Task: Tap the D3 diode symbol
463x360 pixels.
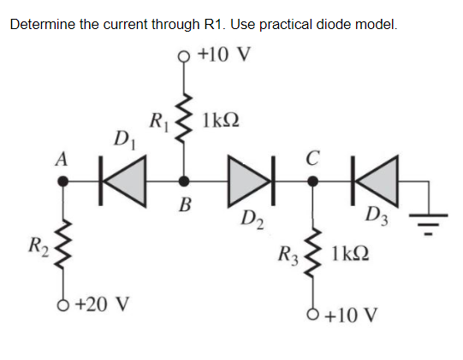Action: [374, 180]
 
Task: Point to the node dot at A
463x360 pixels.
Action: [62, 180]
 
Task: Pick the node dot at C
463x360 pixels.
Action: [312, 180]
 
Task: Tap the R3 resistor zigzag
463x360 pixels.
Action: [312, 252]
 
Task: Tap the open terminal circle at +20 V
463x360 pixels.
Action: [62, 303]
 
